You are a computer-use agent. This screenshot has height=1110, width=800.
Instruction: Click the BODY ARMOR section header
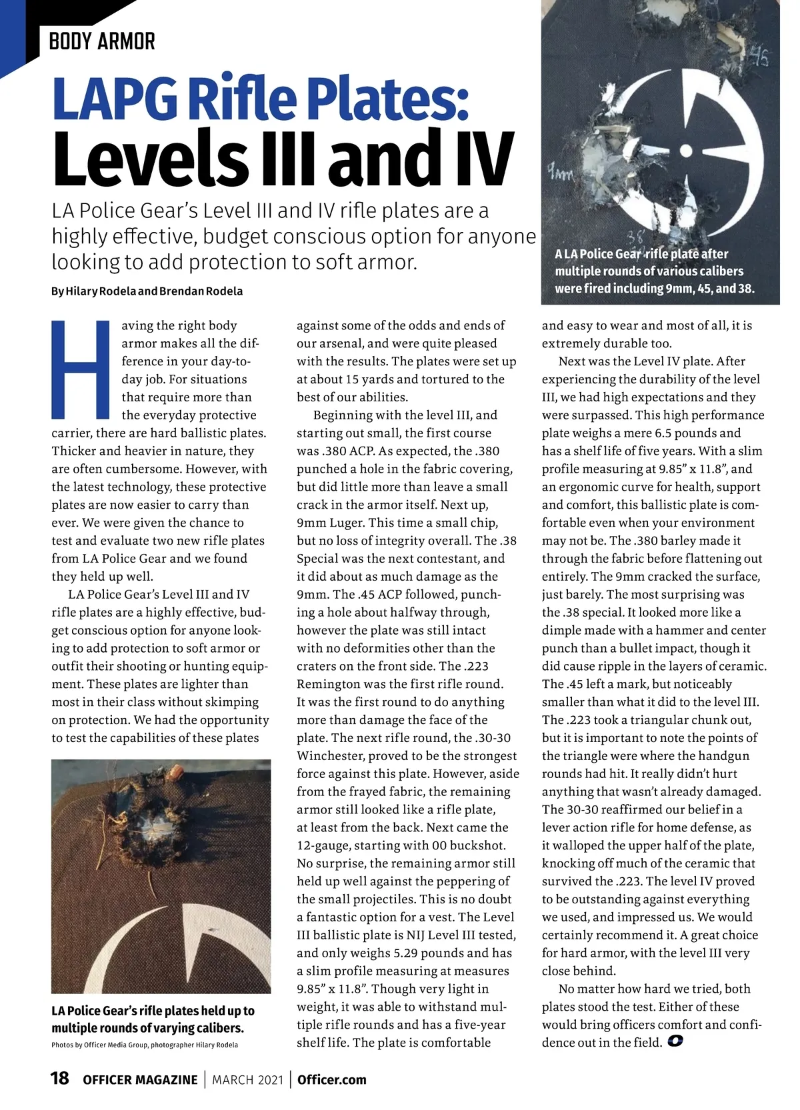point(101,41)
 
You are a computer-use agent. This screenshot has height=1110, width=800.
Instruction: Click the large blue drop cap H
point(80,367)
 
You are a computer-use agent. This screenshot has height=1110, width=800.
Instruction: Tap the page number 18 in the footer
point(59,1078)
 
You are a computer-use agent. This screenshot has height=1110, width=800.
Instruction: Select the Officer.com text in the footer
point(332,1079)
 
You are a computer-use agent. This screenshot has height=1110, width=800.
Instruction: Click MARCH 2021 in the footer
point(247,1079)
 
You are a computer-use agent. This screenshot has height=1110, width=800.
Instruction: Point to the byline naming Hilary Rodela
point(147,291)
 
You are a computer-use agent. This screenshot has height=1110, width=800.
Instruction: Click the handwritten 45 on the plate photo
point(759,56)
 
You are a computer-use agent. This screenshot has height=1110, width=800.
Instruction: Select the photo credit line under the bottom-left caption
point(144,1045)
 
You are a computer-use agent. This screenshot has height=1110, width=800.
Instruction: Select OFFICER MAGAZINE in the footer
point(140,1079)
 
